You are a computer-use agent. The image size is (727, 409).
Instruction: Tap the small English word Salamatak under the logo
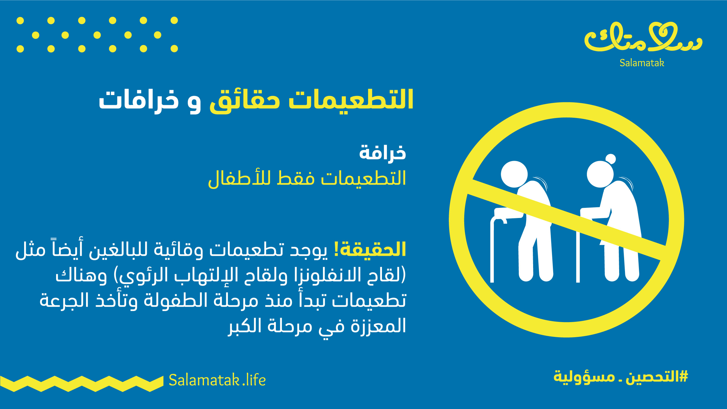tap(642, 63)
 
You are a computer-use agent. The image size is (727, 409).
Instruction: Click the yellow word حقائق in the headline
tap(245, 100)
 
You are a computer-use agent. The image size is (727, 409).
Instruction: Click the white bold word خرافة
tap(383, 152)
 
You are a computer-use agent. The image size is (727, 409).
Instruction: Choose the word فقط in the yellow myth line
tap(296, 178)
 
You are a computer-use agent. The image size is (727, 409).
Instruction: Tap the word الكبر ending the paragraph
tap(245, 326)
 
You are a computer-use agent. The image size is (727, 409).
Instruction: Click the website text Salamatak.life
tap(217, 380)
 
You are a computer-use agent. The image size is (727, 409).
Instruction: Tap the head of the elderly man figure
tap(514, 174)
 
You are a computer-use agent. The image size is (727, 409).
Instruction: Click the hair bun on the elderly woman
tap(610, 159)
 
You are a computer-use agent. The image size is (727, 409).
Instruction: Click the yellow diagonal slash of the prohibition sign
tap(566, 220)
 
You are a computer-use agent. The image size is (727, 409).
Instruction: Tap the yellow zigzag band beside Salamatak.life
tap(82, 384)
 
